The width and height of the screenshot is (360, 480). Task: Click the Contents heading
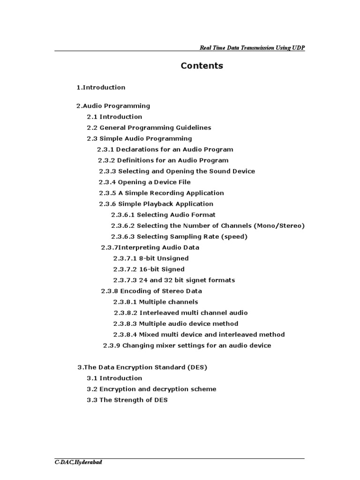coord(202,66)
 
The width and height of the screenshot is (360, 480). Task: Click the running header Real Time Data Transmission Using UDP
coord(252,48)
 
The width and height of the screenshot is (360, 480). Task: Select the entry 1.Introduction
coord(101,87)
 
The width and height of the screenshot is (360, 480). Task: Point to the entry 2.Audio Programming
coord(113,106)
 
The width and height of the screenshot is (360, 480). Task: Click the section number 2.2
coord(92,127)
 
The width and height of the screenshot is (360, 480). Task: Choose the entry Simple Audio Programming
coord(146,138)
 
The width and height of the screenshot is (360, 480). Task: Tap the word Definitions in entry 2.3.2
coord(135,160)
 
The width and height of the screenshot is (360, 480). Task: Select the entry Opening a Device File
coord(154,182)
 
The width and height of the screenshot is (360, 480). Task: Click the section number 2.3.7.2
coord(125,269)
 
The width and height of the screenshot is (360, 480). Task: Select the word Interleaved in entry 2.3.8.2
coord(157,313)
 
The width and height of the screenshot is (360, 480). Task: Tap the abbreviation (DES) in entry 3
coord(197,367)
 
